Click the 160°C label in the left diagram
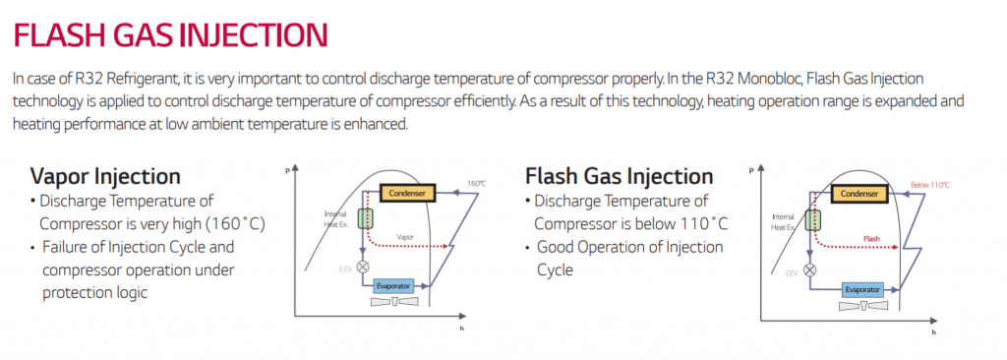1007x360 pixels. point(476,184)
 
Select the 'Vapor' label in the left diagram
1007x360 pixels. point(405,237)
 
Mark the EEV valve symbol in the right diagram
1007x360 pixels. point(809,269)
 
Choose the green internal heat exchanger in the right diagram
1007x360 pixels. point(814,218)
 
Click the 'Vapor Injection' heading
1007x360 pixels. point(105,176)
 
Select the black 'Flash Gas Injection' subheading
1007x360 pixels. point(619,176)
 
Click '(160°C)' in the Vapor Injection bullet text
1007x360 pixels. point(230,223)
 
